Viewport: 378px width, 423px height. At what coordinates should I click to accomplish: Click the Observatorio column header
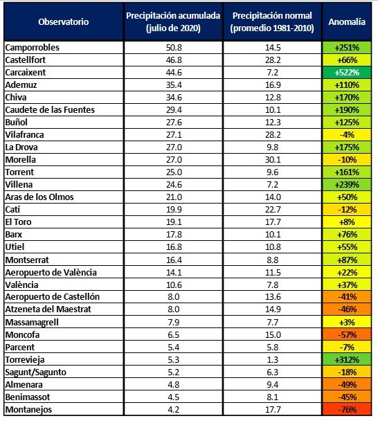click(64, 21)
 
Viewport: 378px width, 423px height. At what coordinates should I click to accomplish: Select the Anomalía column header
click(347, 21)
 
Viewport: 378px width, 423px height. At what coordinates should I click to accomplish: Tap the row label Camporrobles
click(32, 48)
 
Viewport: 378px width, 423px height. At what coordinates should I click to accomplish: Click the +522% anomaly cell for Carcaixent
click(347, 72)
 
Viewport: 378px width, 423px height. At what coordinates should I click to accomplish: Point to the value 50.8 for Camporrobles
click(174, 48)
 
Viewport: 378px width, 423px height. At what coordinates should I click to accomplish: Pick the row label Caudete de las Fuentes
click(50, 110)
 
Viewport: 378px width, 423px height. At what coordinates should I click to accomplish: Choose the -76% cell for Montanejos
click(347, 410)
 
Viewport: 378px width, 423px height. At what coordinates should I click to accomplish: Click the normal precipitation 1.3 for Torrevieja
click(273, 359)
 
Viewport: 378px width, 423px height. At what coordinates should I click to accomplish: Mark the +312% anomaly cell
click(347, 359)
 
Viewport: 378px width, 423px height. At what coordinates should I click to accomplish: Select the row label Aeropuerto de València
click(51, 273)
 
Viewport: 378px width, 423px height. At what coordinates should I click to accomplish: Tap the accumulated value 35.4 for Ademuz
click(174, 85)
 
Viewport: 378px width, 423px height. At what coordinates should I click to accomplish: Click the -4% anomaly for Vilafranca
click(347, 134)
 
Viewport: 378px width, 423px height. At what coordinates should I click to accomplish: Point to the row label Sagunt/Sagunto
click(35, 372)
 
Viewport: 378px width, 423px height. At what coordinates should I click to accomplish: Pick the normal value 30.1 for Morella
click(273, 160)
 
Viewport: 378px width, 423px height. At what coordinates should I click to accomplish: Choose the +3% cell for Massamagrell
click(347, 323)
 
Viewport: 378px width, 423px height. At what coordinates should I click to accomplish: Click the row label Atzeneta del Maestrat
click(48, 309)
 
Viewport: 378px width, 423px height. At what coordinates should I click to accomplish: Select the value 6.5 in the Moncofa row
click(173, 335)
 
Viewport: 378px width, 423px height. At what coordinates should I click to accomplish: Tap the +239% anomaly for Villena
click(347, 185)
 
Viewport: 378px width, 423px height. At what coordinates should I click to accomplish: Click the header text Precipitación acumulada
click(173, 16)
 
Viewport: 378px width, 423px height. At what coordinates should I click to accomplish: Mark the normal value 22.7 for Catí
click(273, 210)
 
